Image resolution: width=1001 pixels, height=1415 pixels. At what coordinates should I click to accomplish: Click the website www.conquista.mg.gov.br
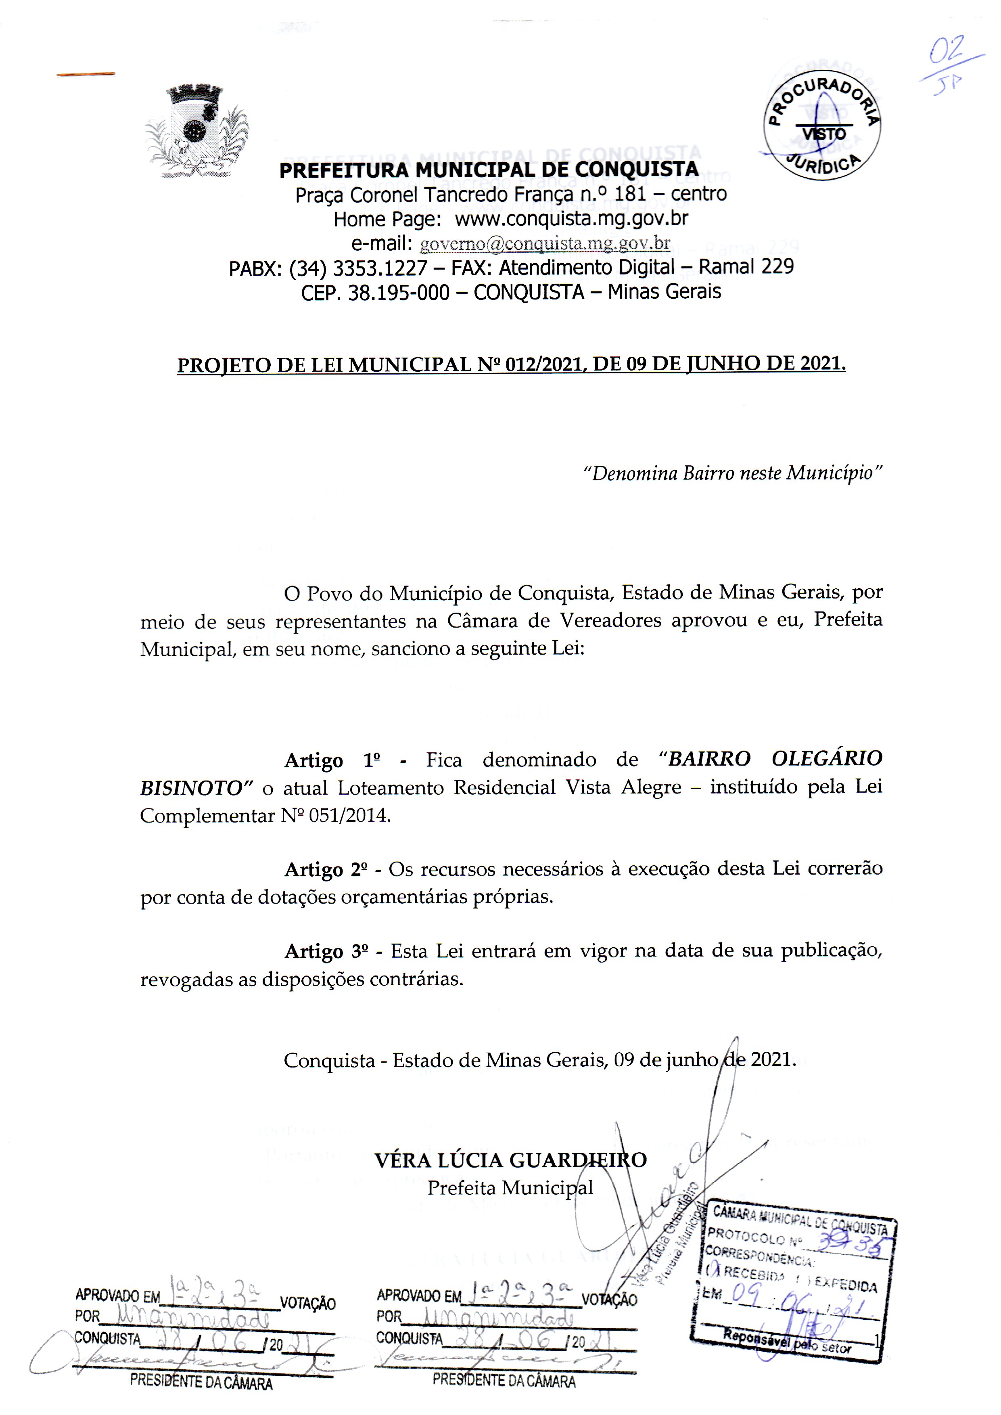pyautogui.click(x=571, y=219)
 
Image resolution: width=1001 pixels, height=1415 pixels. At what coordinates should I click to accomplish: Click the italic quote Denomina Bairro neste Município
pyautogui.click(x=733, y=473)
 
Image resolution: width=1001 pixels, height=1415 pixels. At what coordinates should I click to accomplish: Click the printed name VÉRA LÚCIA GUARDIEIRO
pyautogui.click(x=510, y=1160)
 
